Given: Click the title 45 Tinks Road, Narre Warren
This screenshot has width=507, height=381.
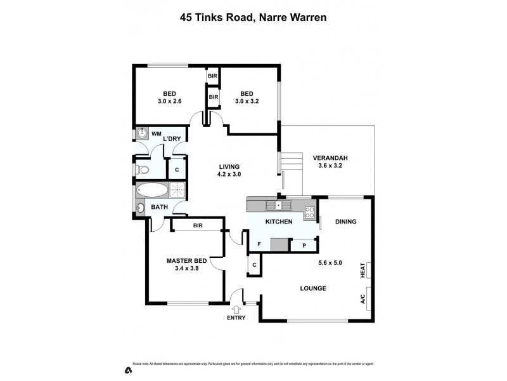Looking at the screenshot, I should [x=253, y=18].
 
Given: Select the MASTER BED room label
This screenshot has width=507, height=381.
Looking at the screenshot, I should [x=186, y=261].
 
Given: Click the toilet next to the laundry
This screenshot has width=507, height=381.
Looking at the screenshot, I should [x=142, y=170].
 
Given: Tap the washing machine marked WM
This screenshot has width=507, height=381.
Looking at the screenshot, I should [x=141, y=134].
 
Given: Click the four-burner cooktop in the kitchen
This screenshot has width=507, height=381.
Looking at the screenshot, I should [x=310, y=213].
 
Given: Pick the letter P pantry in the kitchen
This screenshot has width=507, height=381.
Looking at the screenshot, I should [x=304, y=245].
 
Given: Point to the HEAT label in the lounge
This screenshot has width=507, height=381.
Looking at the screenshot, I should [x=363, y=271].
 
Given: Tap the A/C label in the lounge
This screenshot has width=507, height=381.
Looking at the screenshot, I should [x=363, y=299].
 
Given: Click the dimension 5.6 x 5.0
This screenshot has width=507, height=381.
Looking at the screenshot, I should [x=330, y=263].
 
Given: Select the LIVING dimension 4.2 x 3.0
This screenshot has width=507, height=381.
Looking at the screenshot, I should [x=229, y=174].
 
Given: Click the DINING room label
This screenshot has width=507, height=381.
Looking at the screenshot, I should [x=346, y=222].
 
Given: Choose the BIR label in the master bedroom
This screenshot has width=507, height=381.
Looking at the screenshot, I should [x=197, y=225].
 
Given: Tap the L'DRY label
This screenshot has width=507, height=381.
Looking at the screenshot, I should [x=172, y=138].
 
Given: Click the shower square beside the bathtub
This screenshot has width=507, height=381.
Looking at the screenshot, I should [x=178, y=190].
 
